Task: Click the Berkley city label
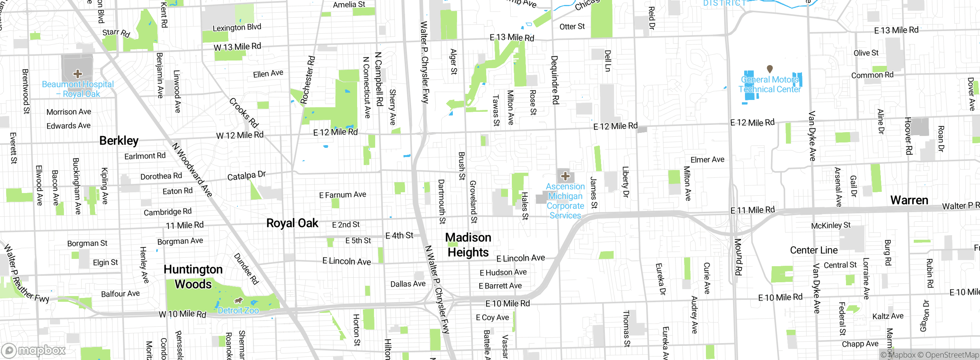click(119, 141)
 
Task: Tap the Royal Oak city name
click(292, 223)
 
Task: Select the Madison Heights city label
click(468, 245)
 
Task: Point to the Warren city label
click(909, 200)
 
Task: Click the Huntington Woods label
click(193, 277)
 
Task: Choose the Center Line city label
click(814, 250)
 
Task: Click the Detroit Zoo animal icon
click(238, 300)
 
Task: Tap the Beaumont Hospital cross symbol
click(78, 73)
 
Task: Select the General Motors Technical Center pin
click(770, 69)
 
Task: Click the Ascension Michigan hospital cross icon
click(565, 176)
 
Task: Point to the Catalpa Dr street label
click(246, 176)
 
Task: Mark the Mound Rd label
click(738, 257)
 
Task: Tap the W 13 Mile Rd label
click(237, 47)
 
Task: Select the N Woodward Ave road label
click(192, 170)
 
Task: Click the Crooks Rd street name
click(244, 113)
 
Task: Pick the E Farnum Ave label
click(343, 195)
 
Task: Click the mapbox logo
click(34, 350)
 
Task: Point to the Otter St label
click(572, 26)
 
